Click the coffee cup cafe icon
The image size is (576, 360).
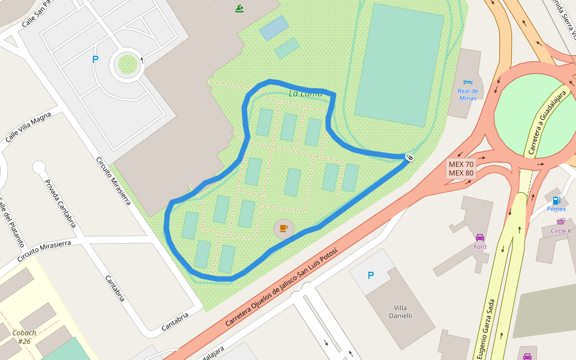pos(284,228)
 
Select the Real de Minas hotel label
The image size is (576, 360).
pos(468,94)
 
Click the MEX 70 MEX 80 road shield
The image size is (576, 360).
pos(461,169)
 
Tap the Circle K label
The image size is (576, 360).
pos(561,230)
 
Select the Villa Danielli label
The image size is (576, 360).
pos(401,311)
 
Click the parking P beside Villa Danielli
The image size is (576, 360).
pos(370,275)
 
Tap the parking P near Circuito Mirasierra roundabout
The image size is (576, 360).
pos(95,59)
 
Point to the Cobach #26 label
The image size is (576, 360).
pos(25,337)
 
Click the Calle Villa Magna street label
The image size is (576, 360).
pos(28,128)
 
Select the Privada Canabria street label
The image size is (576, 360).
pos(61,203)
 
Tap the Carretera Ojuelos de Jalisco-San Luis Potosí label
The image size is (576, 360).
pos(277,287)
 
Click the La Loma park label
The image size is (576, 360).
pos(305,94)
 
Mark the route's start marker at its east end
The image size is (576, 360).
pos(410,157)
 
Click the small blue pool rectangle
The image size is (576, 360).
pos(274,28)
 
